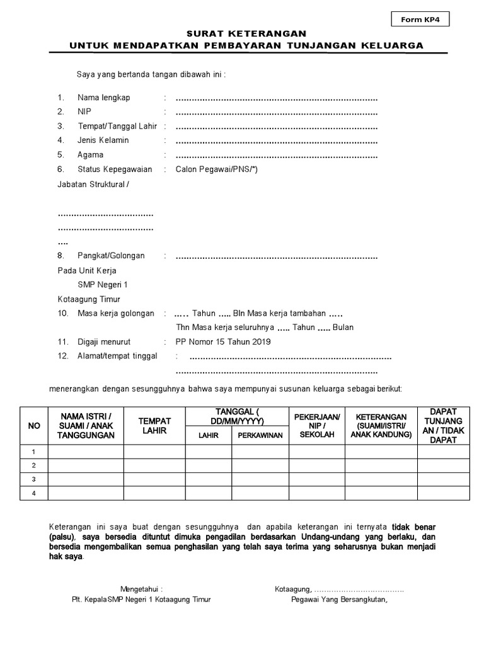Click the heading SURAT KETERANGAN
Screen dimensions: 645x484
[246, 33]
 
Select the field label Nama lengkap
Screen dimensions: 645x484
[103, 98]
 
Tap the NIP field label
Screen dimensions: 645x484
[84, 111]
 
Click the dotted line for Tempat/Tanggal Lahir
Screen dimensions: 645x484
[276, 126]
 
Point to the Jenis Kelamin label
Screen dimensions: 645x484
[103, 140]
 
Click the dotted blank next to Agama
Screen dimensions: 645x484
[276, 155]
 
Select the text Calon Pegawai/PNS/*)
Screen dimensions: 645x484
[216, 169]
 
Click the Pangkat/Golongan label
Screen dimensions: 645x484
[111, 256]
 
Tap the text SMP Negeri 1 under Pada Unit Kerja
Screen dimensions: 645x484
[102, 285]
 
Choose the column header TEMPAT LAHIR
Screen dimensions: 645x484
[154, 426]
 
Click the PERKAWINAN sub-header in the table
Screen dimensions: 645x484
[260, 435]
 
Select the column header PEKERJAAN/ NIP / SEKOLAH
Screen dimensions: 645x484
[317, 426]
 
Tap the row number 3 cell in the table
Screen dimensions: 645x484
[35, 479]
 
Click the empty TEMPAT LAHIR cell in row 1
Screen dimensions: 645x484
[154, 452]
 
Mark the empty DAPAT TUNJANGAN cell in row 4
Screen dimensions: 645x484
[443, 493]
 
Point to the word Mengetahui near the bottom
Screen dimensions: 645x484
[141, 590]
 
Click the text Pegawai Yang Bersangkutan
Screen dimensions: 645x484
[339, 600]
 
